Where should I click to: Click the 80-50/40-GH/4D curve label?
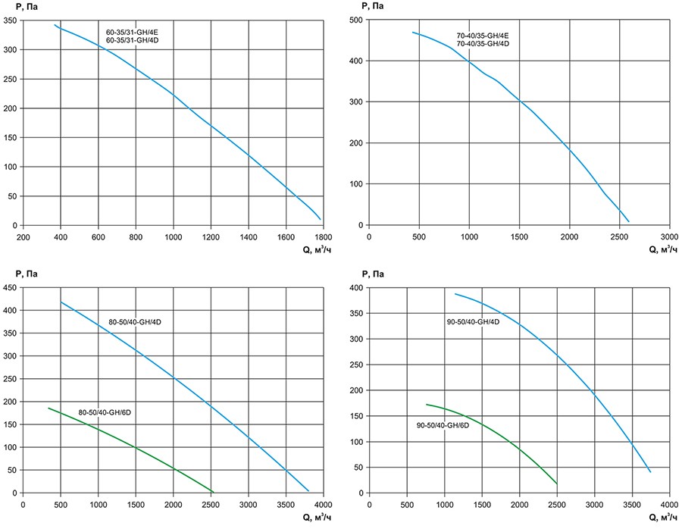(x=135, y=322)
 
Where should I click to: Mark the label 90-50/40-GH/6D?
(x=443, y=426)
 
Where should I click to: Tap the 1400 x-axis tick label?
(x=248, y=236)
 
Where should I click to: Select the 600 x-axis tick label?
(x=99, y=236)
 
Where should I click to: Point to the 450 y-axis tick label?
(x=12, y=288)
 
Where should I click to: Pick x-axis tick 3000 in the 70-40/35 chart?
(x=669, y=236)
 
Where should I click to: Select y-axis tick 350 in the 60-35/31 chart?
(x=12, y=20)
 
